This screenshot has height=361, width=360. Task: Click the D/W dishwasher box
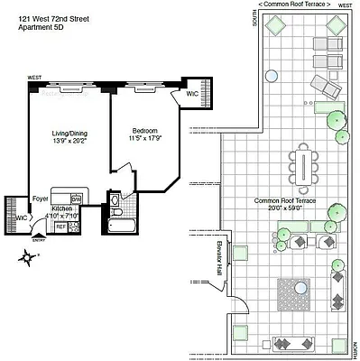click(76, 199)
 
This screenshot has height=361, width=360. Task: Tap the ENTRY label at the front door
click(38, 240)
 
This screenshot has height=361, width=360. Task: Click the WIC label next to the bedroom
click(192, 93)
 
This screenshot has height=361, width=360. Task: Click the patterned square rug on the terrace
click(291, 292)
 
